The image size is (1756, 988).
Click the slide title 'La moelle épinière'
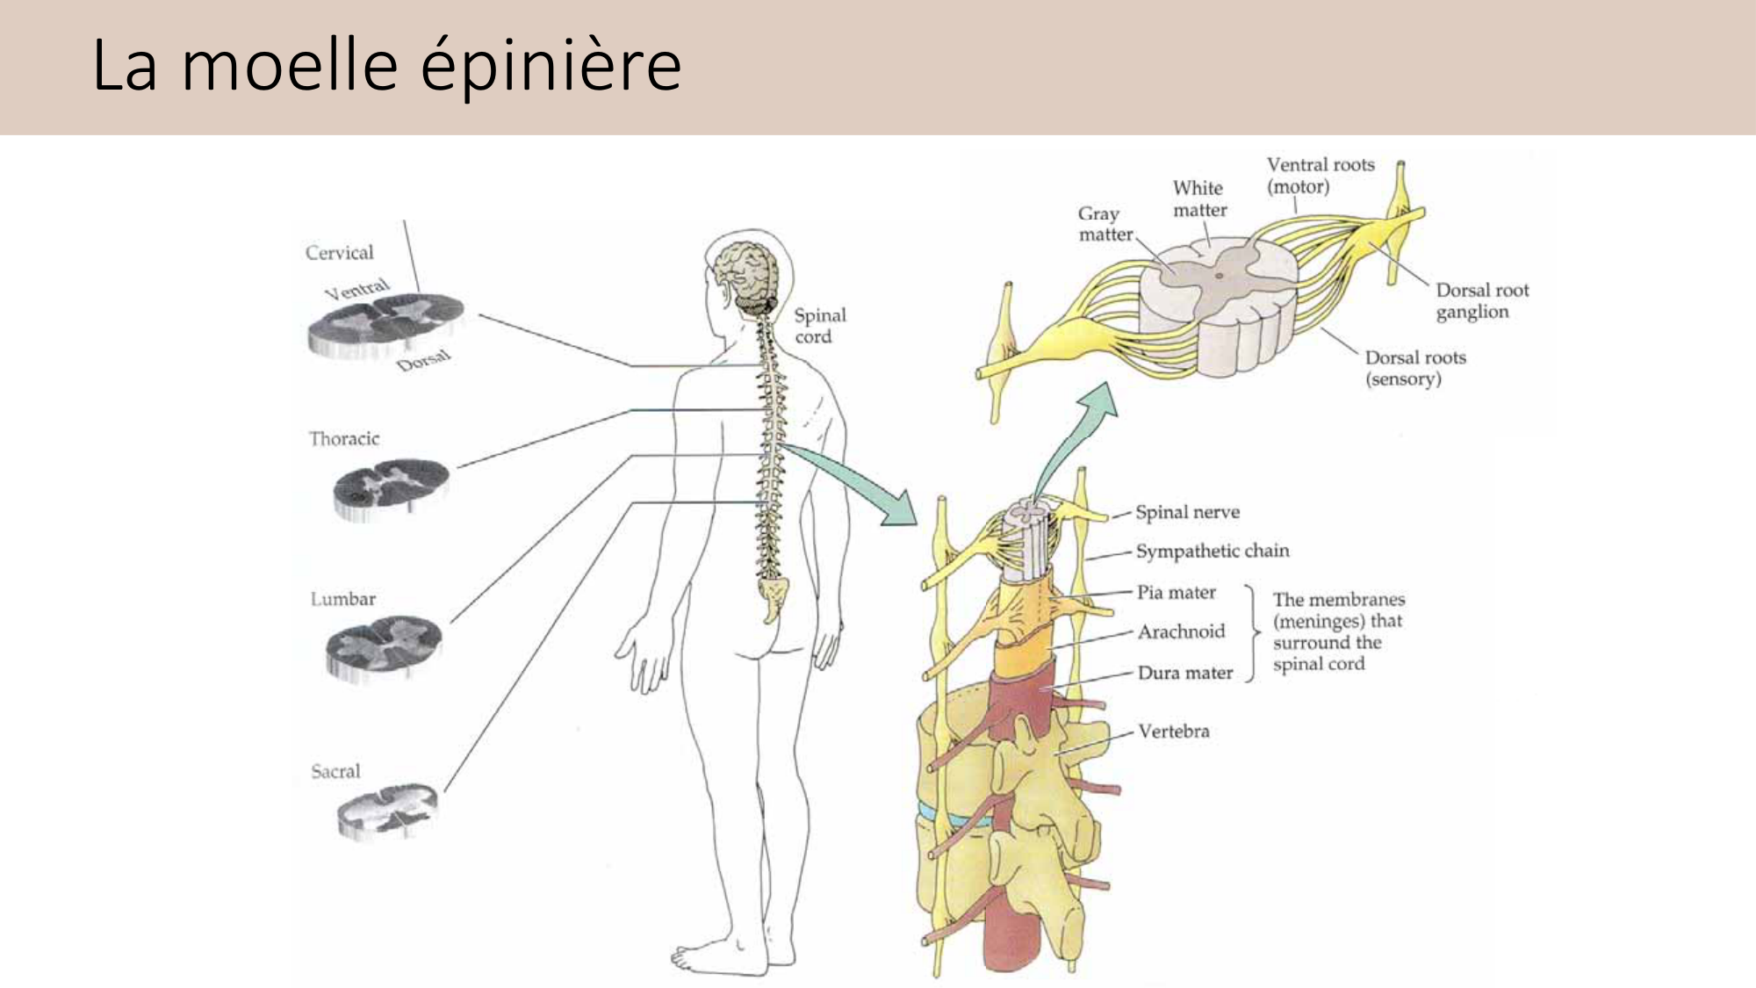pos(386,65)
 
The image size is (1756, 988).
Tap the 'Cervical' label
pos(339,253)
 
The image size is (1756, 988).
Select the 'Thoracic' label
pos(343,438)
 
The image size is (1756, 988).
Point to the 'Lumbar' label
pos(342,599)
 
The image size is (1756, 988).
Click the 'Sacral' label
pos(335,772)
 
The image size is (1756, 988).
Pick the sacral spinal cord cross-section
pos(386,810)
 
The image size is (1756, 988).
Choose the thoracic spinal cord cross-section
pos(391,488)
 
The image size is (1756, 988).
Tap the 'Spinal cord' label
pos(819,326)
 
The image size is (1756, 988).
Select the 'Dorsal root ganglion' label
pos(1481,301)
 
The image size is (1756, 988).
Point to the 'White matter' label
pos(1199,199)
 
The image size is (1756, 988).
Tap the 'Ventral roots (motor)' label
pos(1320,176)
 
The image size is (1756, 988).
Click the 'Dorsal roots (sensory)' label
pos(1414,368)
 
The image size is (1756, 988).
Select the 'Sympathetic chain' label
pos(1212,551)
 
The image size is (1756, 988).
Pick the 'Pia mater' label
pos(1176,593)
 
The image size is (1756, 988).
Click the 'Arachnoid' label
pos(1181,631)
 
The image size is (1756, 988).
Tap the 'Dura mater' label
pos(1184,673)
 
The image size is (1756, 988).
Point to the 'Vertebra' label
pos(1173,731)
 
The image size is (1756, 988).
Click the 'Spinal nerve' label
pos(1187,512)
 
